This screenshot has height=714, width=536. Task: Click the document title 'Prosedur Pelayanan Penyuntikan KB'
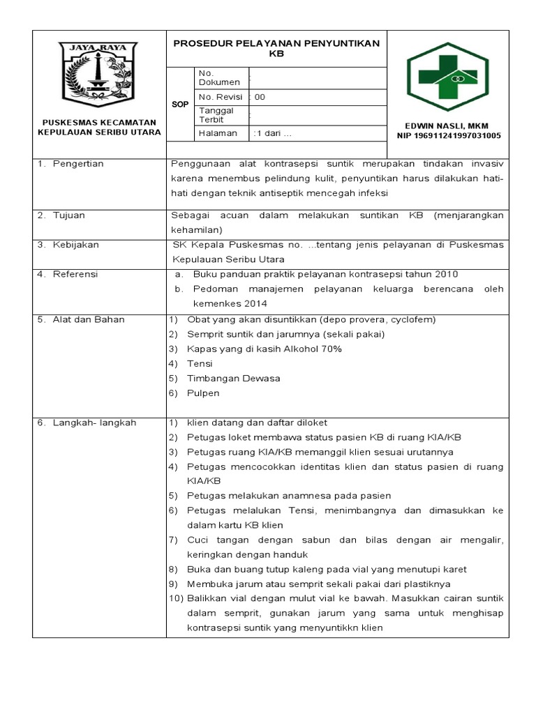[276, 47]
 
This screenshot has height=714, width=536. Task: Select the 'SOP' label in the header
[180, 104]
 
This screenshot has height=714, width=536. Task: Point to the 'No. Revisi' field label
[221, 97]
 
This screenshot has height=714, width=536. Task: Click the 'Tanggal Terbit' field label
[216, 114]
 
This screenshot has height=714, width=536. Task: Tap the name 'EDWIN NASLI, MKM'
[449, 126]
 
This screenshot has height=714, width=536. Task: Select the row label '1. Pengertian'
[71, 164]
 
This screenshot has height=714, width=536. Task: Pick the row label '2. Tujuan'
[62, 215]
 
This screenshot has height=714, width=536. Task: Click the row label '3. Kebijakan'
[69, 245]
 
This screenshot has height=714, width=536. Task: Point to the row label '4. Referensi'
[68, 274]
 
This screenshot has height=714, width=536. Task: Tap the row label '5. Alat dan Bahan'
[81, 319]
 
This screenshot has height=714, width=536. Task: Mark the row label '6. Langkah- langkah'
[87, 423]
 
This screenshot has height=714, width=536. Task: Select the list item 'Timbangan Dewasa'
[233, 378]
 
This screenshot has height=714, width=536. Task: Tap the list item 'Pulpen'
[203, 393]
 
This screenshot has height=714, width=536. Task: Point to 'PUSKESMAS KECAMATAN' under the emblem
[98, 121]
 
